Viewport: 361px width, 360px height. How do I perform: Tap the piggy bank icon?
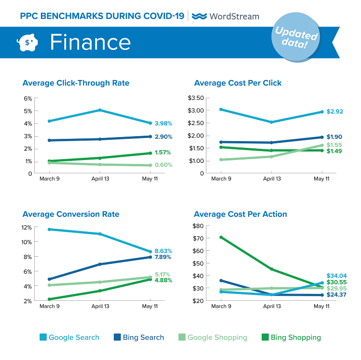27,42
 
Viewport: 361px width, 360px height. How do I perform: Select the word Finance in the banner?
90,42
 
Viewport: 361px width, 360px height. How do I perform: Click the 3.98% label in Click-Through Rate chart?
163,123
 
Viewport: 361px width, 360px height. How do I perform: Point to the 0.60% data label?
164,164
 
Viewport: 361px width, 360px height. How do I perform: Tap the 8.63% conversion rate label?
164,251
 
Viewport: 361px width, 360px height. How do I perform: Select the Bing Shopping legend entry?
291,337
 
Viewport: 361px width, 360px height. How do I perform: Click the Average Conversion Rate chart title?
71,214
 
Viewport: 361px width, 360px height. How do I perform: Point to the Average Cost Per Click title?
238,83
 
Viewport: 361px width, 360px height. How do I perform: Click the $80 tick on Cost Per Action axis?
198,226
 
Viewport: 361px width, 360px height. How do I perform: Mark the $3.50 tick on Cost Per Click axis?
195,98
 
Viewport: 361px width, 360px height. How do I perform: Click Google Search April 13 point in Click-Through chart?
100,110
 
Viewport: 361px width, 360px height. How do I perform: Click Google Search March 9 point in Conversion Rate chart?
49,229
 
